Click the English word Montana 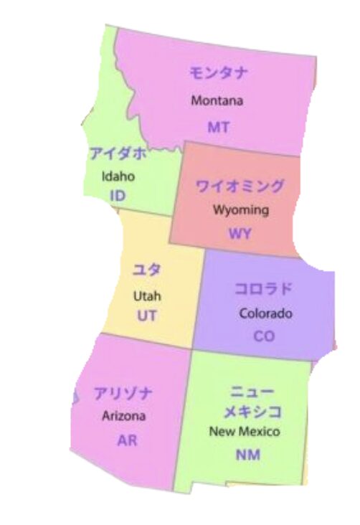(217, 100)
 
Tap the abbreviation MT (218, 127)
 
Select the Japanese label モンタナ (219, 73)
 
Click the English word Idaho (118, 176)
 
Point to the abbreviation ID (118, 195)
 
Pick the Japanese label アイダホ (118, 153)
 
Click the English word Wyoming (240, 210)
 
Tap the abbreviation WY (240, 234)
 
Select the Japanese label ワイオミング (240, 186)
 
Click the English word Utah (147, 295)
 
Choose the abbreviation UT (147, 315)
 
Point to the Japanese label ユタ (147, 271)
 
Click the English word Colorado (265, 313)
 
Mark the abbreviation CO (264, 336)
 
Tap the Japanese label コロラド (264, 289)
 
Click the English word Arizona (124, 415)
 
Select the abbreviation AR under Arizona (127, 440)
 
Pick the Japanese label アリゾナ (123, 394)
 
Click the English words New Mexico (245, 432)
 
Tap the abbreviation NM (247, 455)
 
